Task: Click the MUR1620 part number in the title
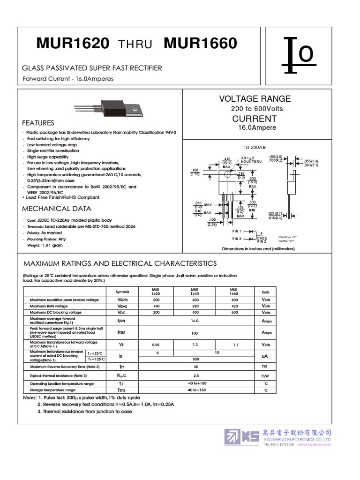pyautogui.click(x=73, y=45)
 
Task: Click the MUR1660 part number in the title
pyautogui.click(x=200, y=45)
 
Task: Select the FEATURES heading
pyautogui.click(x=38, y=123)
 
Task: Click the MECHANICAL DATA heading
pyautogui.click(x=57, y=209)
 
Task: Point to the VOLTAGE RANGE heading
pyautogui.click(x=255, y=99)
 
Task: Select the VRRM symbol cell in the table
pyautogui.click(x=122, y=300)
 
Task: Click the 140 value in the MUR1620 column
pyautogui.click(x=156, y=306)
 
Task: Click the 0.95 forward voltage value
pyautogui.click(x=156, y=345)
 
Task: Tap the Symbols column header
pyautogui.click(x=122, y=291)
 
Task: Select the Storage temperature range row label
pyautogui.click(x=52, y=390)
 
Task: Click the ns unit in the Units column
pyautogui.click(x=265, y=366)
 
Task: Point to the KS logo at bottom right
pyautogui.click(x=241, y=436)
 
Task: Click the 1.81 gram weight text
pyautogui.click(x=52, y=245)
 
